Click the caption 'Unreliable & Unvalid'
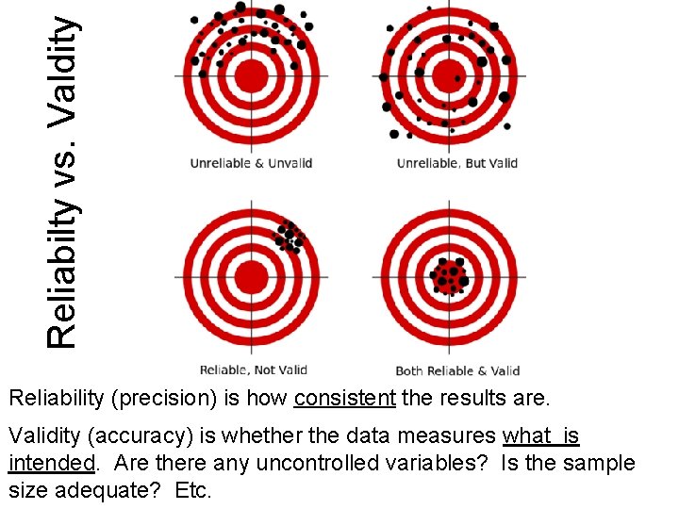pyautogui.click(x=251, y=163)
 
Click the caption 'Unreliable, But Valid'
pyautogui.click(x=456, y=163)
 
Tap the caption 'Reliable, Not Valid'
pyautogui.click(x=253, y=369)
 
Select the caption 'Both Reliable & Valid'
pyautogui.click(x=457, y=370)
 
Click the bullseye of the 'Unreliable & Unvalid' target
pyautogui.click(x=251, y=76)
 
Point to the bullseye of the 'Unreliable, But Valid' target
pyautogui.click(x=449, y=76)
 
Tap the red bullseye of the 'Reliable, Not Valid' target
pyautogui.click(x=251, y=277)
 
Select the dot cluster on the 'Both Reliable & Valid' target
pyautogui.click(x=449, y=276)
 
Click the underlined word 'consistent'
pyautogui.click(x=344, y=399)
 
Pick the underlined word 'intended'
pyautogui.click(x=51, y=464)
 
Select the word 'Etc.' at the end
pyautogui.click(x=193, y=491)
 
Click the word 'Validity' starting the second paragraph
pyautogui.click(x=40, y=436)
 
